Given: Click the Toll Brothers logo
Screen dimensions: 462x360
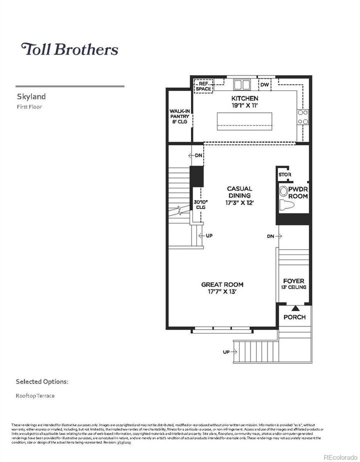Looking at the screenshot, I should (x=69, y=49).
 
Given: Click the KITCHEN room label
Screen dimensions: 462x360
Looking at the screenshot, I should (x=244, y=98).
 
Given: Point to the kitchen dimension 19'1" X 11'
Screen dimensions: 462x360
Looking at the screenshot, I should (x=244, y=105).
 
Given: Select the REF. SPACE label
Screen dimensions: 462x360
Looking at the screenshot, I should (x=203, y=86).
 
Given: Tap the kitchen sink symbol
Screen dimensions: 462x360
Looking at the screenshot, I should (x=243, y=83).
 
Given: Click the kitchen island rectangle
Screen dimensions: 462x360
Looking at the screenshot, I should (x=244, y=120).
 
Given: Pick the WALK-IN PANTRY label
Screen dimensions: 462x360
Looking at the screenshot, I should (x=179, y=116).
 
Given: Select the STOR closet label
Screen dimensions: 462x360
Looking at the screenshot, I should (x=284, y=175).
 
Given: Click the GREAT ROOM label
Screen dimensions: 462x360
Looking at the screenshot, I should (x=222, y=284).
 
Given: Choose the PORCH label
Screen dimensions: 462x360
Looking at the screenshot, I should (x=294, y=317).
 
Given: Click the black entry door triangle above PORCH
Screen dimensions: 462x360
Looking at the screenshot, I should (x=294, y=308).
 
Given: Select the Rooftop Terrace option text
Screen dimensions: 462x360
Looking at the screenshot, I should (x=35, y=395).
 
